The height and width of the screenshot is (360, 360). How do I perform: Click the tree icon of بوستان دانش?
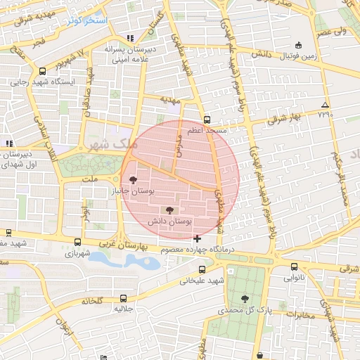pos(169,210)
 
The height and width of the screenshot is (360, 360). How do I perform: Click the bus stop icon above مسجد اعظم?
pos(206,120)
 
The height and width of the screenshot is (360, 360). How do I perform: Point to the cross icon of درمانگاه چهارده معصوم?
pos(197,239)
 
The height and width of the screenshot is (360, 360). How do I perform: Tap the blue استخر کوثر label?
pos(87,20)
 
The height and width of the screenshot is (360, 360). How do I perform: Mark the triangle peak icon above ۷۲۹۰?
pos(324,103)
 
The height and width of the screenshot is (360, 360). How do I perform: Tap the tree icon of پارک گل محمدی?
pos(245,298)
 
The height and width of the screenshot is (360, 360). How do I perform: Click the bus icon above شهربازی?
pos(77,242)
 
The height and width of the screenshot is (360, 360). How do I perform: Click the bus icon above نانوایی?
pos(294,266)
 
